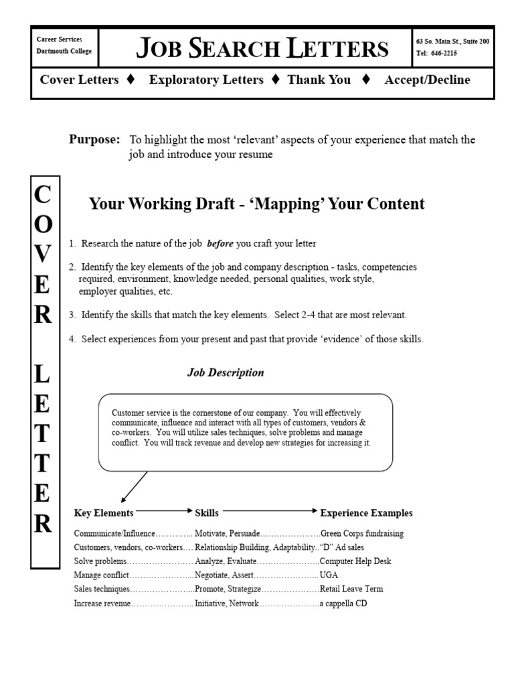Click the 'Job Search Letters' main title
coord(262,48)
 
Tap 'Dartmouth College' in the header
coord(64,52)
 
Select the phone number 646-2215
coord(446,54)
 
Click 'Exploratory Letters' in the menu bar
coord(206,80)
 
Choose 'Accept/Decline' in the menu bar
coord(427,80)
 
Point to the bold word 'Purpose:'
coord(94,139)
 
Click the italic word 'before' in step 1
coord(220,244)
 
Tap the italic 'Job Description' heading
coord(225,372)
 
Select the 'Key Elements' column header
coord(104,513)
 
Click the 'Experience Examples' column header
coord(366,513)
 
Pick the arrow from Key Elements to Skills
coord(164,510)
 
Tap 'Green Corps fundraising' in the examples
coord(362,534)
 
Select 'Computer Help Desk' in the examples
coord(355,561)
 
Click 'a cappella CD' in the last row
coord(343,604)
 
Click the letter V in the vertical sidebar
coord(43,254)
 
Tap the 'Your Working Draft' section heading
coord(257,204)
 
